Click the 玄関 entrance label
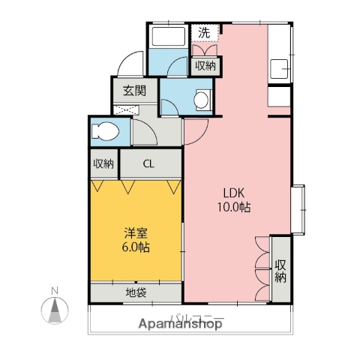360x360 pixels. pyautogui.click(x=135, y=91)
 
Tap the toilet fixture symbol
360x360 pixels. pyautogui.click(x=103, y=133)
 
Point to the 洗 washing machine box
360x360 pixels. pyautogui.click(x=205, y=32)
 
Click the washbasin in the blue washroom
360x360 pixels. pyautogui.click(x=202, y=97)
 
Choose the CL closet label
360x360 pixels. pyautogui.click(x=149, y=163)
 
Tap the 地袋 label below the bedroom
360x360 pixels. pyautogui.click(x=136, y=291)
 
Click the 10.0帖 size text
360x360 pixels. pyautogui.click(x=235, y=207)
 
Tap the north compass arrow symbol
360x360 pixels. pyautogui.click(x=54, y=309)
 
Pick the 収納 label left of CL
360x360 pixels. pyautogui.click(x=103, y=163)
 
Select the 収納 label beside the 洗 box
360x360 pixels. pyautogui.click(x=205, y=66)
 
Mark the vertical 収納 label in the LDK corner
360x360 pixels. pyautogui.click(x=280, y=270)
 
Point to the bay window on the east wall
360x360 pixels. pyautogui.click(x=298, y=209)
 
